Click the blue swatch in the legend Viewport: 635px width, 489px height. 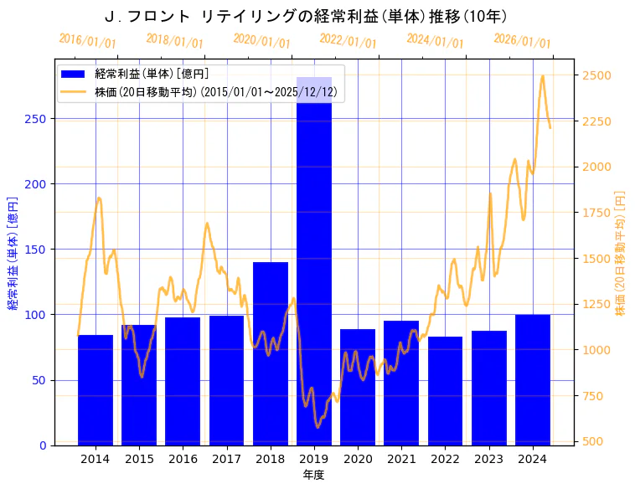pos(74,74)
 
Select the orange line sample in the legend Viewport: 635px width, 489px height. pos(74,92)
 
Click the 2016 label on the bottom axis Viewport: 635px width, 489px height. pos(183,459)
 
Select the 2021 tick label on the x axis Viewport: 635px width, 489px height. pos(401,459)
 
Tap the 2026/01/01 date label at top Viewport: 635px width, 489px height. pos(522,40)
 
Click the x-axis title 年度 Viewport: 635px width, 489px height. pos(314,475)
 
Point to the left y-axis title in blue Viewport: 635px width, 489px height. pos(13,252)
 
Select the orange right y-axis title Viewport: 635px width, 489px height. pos(621,252)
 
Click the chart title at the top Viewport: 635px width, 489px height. pos(307,16)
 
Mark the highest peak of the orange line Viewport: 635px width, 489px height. pos(543,76)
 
